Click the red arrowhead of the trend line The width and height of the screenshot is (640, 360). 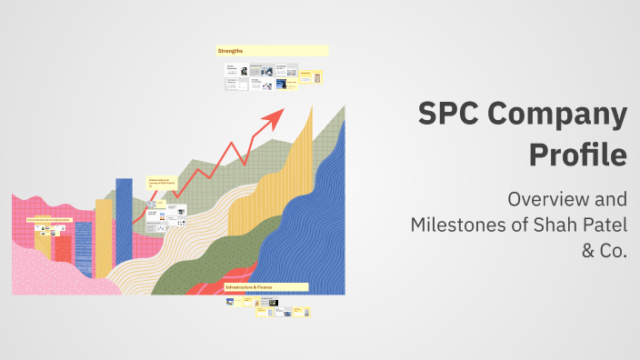click(274, 116)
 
